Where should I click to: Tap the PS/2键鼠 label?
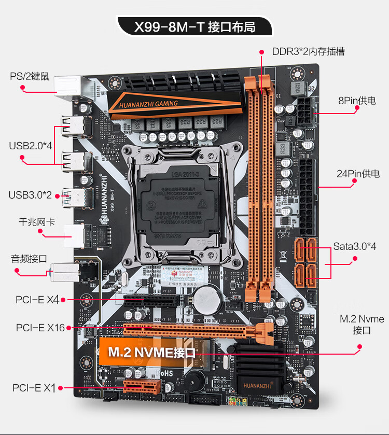pos(30,76)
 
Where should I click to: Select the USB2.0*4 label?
pos(31,145)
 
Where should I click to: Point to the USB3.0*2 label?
pos(30,195)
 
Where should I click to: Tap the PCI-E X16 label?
pos(40,328)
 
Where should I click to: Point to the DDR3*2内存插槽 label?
pos(309,51)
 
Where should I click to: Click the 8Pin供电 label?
pos(357,101)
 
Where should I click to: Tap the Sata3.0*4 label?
pos(355,246)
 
